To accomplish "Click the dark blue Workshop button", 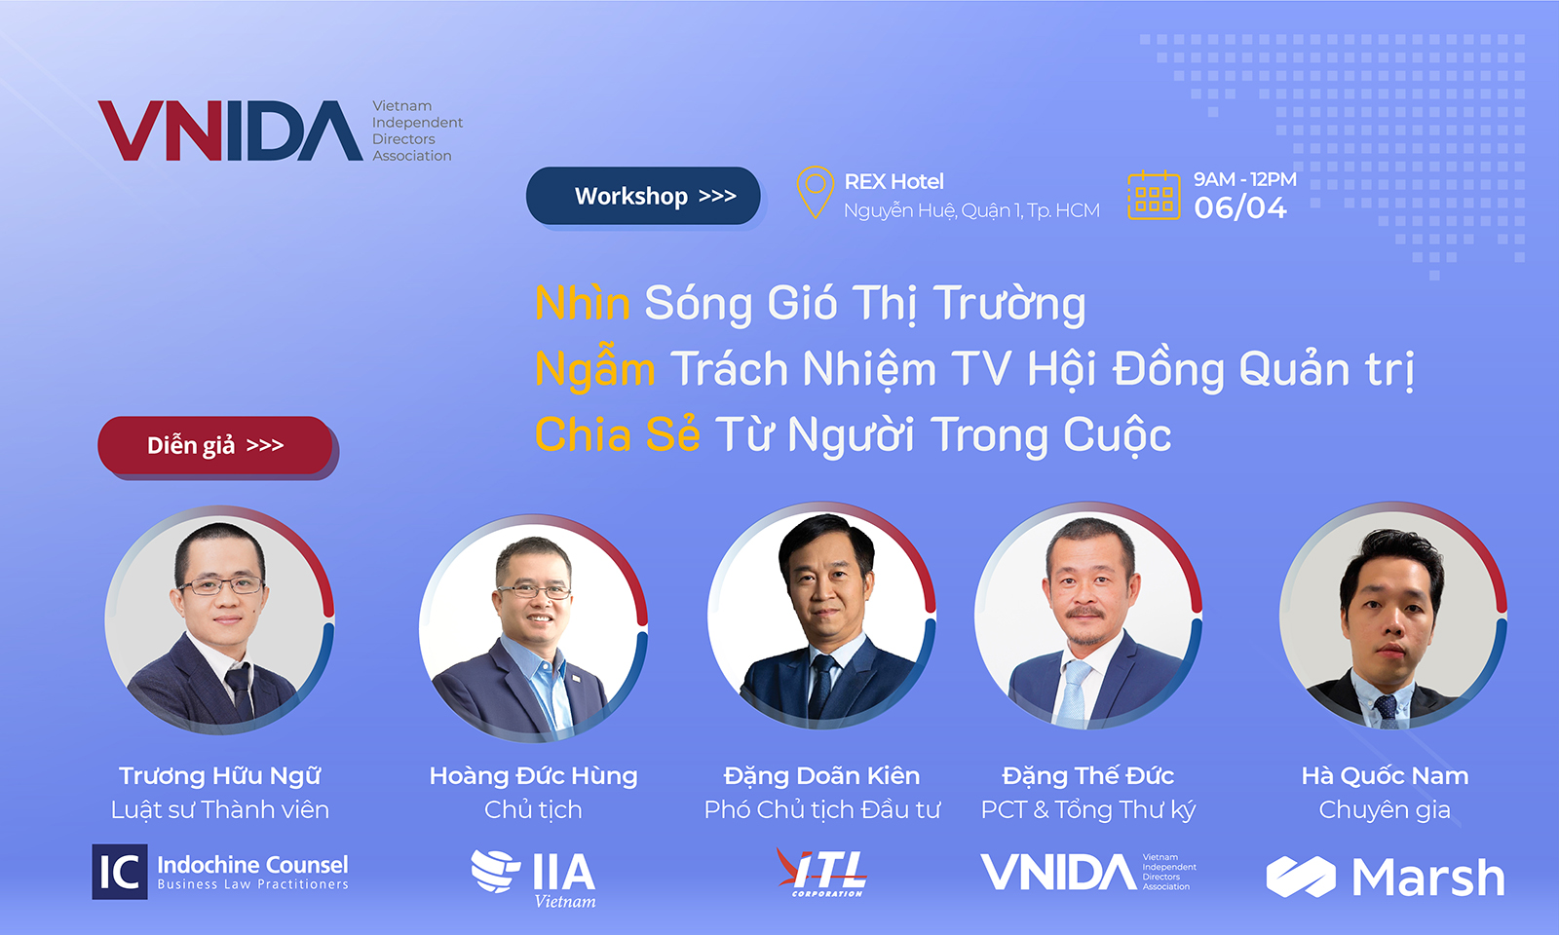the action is [x=643, y=196].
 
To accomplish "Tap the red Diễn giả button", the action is [x=215, y=445].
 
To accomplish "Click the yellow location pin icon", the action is [x=815, y=192].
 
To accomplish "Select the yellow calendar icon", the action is [x=1154, y=195].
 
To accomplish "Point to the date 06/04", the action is [x=1240, y=208].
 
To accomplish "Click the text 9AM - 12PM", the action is [x=1245, y=179].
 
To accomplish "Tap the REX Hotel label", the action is [x=894, y=181].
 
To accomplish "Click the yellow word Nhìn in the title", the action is [x=583, y=303].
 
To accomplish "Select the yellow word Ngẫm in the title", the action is [x=595, y=369].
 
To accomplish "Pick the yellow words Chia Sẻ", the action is [x=618, y=434].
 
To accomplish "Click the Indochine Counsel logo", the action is [x=220, y=872].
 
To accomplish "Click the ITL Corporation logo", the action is [x=822, y=873].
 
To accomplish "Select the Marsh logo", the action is [x=1385, y=877].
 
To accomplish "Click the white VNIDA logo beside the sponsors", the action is [x=1088, y=872].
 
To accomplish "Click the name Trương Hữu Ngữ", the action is [x=220, y=775].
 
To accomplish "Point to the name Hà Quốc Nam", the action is [x=1385, y=775].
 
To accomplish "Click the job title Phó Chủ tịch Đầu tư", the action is [x=822, y=809].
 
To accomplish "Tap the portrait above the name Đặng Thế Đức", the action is [x=1088, y=616].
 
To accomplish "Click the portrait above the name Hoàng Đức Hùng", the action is [x=533, y=628].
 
